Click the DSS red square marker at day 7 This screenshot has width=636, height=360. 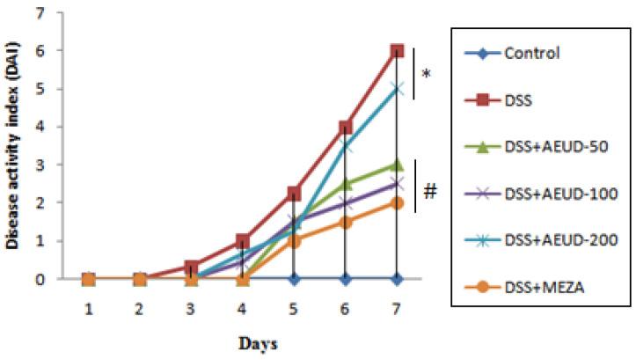[397, 51]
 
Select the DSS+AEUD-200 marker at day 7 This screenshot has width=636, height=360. [397, 89]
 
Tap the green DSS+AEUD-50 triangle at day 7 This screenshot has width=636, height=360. [397, 165]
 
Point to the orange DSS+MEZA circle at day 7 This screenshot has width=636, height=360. [397, 202]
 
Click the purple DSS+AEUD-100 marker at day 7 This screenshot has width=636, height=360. [397, 184]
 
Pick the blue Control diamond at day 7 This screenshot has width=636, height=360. [397, 278]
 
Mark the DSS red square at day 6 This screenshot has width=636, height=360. [346, 127]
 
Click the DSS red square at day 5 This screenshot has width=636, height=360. [295, 193]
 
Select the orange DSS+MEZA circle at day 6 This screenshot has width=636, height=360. [346, 222]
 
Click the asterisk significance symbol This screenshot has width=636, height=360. [427, 75]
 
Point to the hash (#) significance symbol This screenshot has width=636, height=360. [430, 189]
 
